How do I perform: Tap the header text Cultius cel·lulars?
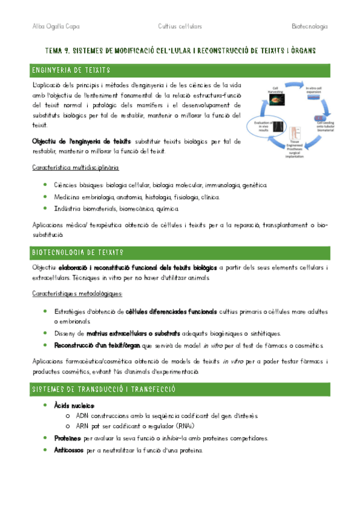pos(179,26)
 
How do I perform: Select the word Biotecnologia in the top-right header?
pos(309,26)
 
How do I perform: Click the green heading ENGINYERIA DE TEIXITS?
pos(67,71)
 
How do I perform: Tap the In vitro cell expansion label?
pos(315,91)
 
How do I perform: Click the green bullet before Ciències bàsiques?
pos(45,185)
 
